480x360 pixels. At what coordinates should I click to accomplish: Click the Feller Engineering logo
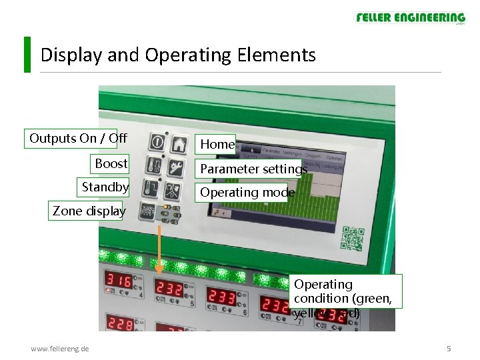coord(410,18)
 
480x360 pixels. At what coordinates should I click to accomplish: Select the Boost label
coord(111,163)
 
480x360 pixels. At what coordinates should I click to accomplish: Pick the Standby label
coord(105,187)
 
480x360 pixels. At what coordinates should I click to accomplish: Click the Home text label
coord(217,144)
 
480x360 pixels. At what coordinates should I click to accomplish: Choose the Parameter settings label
coord(253,169)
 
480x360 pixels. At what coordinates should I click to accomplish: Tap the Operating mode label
coord(247,193)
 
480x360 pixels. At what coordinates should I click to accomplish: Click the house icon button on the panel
coord(178,143)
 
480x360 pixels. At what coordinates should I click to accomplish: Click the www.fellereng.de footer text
coord(60,349)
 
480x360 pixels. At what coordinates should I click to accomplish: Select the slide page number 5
coord(449,349)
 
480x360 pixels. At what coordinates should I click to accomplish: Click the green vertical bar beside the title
coord(27,54)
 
